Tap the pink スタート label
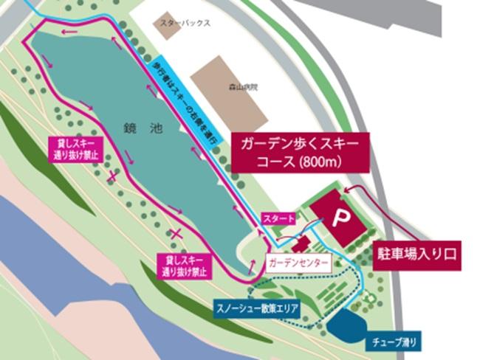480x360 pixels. pyautogui.click(x=279, y=218)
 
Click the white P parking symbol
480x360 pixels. pyautogui.click(x=341, y=217)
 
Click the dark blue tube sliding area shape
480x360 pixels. pyautogui.click(x=347, y=324)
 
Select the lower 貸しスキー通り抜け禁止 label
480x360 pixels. pyautogui.click(x=182, y=265)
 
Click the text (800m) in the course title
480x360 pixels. pyautogui.click(x=320, y=162)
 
